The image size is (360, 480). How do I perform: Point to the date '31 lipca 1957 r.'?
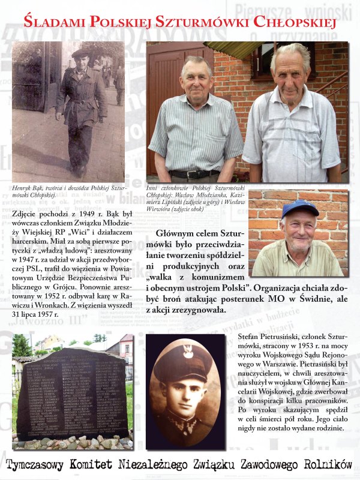[x=35, y=313]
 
